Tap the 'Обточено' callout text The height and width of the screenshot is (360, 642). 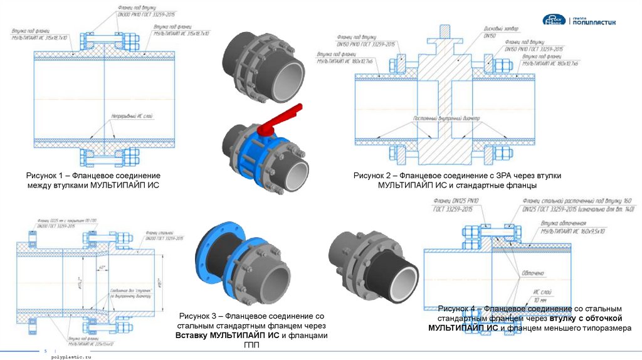coord(531,273)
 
